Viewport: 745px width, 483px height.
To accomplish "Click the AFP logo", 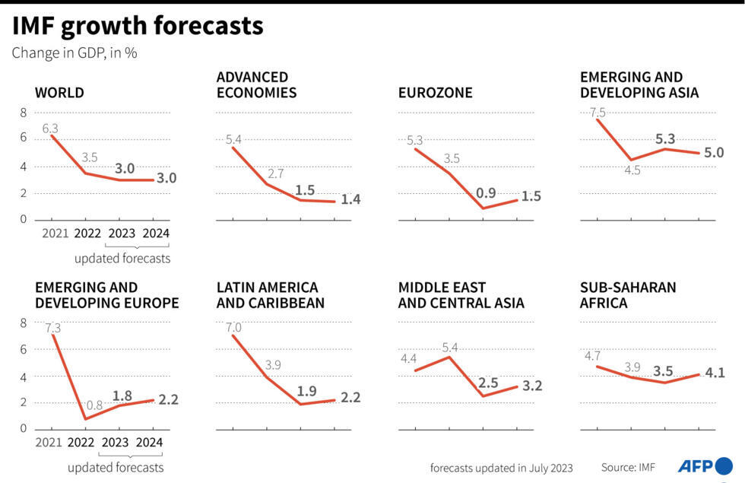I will [705, 466].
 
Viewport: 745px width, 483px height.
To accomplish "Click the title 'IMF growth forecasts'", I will [138, 26].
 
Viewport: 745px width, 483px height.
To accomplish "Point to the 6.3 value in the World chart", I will [50, 128].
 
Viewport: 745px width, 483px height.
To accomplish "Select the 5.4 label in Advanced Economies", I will [233, 139].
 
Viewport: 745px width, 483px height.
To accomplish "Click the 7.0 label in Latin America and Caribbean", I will [233, 327].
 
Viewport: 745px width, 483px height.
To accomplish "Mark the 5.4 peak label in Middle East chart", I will [451, 347].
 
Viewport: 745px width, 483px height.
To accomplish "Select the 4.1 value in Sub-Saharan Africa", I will [715, 373].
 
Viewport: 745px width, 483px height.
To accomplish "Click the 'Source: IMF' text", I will [628, 467].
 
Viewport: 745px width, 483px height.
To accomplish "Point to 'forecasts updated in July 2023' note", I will [501, 467].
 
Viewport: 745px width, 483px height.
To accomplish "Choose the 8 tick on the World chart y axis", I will [23, 113].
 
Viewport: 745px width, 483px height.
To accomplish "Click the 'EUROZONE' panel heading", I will [435, 93].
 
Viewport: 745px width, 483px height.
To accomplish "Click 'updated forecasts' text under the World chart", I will [122, 259].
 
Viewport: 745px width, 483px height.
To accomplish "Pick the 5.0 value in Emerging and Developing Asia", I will [714, 152].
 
